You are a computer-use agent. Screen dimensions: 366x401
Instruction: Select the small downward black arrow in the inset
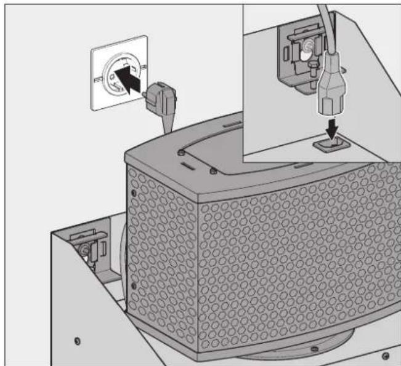(331, 127)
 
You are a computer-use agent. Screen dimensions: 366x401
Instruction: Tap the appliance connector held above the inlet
(330, 93)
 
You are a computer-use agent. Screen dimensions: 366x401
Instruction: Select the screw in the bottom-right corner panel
(386, 354)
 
